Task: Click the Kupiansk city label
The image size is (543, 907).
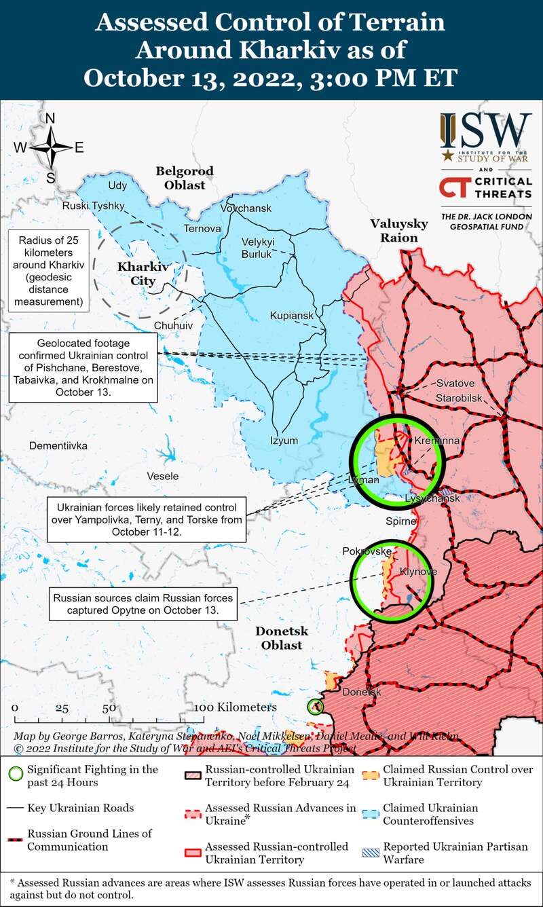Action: [292, 316]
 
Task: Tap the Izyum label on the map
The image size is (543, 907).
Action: [284, 440]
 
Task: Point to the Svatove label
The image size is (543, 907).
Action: [455, 383]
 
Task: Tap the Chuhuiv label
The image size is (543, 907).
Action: [173, 326]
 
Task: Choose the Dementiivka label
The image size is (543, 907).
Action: [58, 446]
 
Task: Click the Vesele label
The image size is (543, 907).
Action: [163, 476]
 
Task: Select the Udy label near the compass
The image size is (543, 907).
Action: [117, 185]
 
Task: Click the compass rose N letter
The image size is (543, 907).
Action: [50, 119]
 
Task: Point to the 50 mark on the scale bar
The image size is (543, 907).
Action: [109, 707]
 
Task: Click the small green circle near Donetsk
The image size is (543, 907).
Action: [315, 707]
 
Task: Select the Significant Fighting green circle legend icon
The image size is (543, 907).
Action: [18, 774]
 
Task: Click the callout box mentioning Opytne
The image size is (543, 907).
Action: [143, 604]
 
